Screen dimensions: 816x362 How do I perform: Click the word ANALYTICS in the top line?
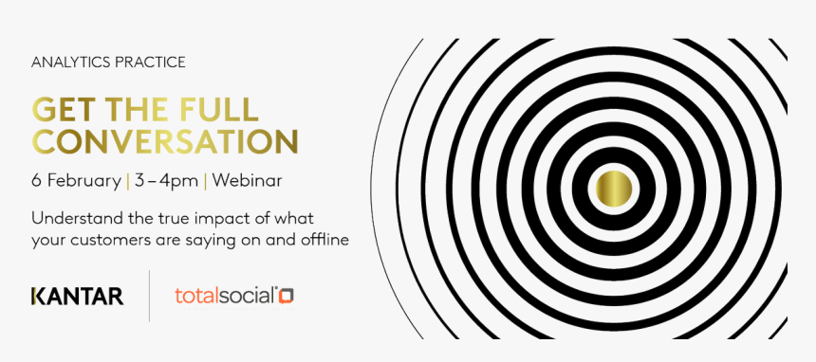65,63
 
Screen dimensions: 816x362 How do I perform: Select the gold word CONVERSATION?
164,141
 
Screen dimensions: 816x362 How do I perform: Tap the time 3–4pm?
167,182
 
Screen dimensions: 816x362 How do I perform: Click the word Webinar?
248,181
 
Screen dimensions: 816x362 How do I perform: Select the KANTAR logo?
78,296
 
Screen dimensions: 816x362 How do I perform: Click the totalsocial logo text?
224,296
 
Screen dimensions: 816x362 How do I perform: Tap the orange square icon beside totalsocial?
287,296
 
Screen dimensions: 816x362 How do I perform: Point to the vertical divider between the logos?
149,296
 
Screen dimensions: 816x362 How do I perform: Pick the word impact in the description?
213,219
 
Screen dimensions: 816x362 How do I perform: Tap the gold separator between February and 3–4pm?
128,182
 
